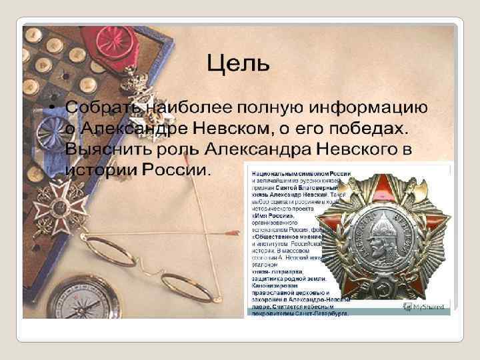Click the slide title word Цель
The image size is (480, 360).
pos(238,65)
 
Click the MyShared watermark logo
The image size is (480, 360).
pos(427,306)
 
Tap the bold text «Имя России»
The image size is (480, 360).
pos(273,215)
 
